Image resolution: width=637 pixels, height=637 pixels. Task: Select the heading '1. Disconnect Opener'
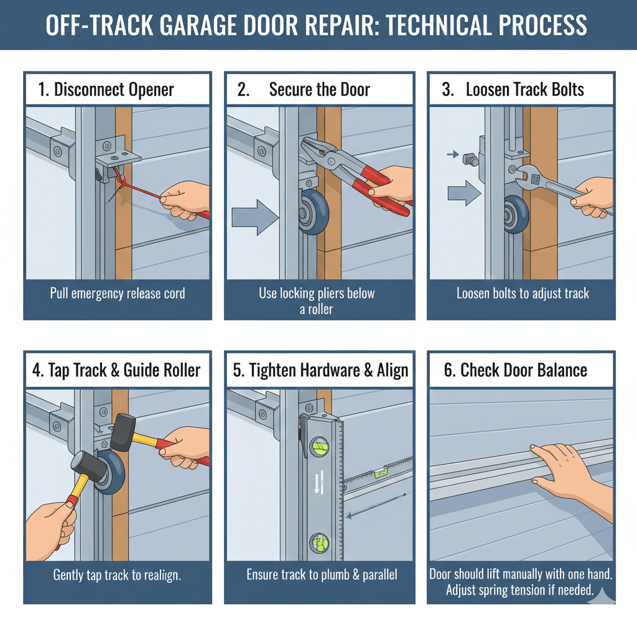106,90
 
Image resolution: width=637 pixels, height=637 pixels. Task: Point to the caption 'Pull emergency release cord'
118,293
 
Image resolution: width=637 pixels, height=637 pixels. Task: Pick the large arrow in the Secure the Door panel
254,218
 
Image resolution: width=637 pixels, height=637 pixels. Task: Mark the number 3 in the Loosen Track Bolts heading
447,90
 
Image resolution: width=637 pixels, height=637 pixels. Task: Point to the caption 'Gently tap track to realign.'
117,575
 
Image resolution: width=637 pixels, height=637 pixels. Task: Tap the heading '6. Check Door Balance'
516,371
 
